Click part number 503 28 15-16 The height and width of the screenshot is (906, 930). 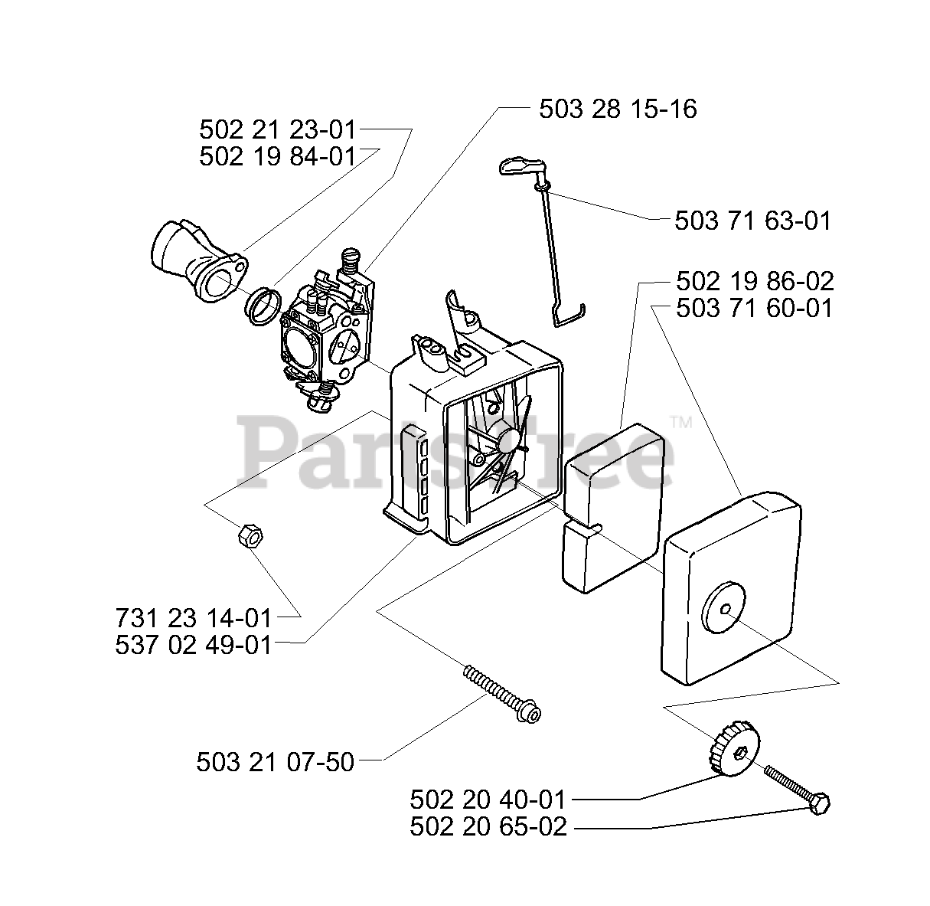pyautogui.click(x=618, y=109)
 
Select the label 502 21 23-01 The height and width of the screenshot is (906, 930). pyautogui.click(x=278, y=129)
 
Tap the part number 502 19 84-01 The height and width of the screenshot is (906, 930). pyautogui.click(x=278, y=156)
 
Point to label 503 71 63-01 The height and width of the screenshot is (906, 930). pyautogui.click(x=752, y=221)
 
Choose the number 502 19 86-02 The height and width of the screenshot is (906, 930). pyautogui.click(x=755, y=281)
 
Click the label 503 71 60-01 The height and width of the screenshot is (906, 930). pyautogui.click(x=755, y=309)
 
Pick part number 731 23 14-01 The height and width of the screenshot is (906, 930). pyautogui.click(x=194, y=617)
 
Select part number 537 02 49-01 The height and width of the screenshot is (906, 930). pyautogui.click(x=194, y=645)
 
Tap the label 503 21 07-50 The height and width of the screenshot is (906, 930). pyautogui.click(x=276, y=762)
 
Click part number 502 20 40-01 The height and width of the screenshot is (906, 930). pyautogui.click(x=488, y=800)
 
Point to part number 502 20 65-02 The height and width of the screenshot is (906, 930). pyautogui.click(x=488, y=827)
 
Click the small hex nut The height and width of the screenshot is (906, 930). pyautogui.click(x=250, y=534)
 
